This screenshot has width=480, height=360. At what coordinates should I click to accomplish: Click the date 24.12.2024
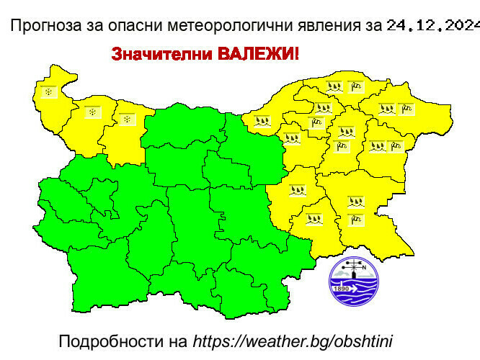432,27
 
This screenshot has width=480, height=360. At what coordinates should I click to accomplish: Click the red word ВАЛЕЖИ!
248,55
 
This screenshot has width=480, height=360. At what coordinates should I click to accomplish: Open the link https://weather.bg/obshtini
292,340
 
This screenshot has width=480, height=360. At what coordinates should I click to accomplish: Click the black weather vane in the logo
354,269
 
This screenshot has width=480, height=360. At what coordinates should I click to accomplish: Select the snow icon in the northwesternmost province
48,93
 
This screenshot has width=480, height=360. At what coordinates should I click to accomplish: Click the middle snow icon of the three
93,111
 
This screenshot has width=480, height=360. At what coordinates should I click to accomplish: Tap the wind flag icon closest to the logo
354,219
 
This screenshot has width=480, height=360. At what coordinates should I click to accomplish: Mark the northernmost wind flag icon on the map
356,86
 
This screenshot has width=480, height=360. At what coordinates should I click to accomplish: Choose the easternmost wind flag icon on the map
407,109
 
